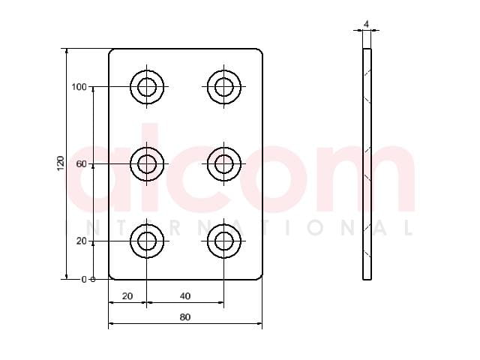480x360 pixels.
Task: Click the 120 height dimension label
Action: (61, 163)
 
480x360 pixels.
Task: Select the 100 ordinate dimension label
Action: (79, 87)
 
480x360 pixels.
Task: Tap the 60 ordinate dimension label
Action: (82, 164)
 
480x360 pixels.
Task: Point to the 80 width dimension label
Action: (185, 317)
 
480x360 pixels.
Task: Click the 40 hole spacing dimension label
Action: (185, 296)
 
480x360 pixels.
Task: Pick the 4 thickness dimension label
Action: (367, 24)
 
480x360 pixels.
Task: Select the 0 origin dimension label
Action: (84, 280)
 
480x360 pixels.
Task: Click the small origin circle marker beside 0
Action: (93, 280)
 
